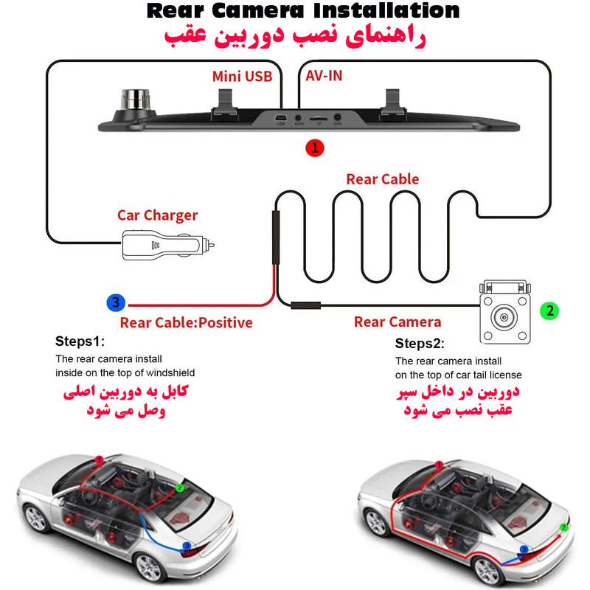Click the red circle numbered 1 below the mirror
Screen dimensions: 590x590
click(x=315, y=148)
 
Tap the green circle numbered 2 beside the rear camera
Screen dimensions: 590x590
click(x=549, y=310)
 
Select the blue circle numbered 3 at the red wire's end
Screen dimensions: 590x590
click(x=116, y=302)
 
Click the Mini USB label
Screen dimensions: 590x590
click(x=243, y=77)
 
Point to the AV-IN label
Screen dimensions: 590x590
click(x=324, y=76)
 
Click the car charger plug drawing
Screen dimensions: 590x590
click(x=168, y=245)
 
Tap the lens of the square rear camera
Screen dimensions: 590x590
click(x=504, y=318)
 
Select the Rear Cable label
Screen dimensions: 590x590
click(x=382, y=179)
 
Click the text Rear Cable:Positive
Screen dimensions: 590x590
click(x=187, y=323)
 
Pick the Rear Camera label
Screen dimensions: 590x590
click(x=398, y=322)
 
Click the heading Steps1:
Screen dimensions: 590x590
click(x=80, y=341)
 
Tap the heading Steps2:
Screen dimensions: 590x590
click(x=420, y=344)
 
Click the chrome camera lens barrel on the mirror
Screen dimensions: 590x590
click(x=135, y=99)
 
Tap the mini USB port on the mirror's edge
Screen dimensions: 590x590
click(x=281, y=118)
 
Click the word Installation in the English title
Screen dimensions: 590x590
click(x=386, y=10)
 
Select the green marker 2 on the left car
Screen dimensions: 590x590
click(x=180, y=488)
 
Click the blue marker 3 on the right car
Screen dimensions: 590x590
click(x=524, y=549)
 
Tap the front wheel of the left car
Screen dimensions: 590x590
click(x=35, y=518)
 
